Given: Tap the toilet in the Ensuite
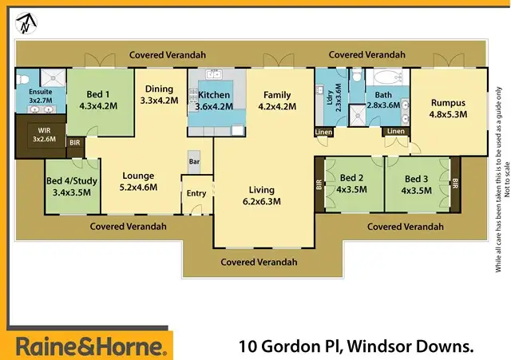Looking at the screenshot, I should click(25, 79).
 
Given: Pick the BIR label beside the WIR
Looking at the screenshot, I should click(75, 143).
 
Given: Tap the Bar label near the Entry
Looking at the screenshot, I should click(194, 161).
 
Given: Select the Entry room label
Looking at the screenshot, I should click(196, 193).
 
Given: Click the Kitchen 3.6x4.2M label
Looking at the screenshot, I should click(214, 101).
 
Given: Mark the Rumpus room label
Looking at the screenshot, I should click(448, 108).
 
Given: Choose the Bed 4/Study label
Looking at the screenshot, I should click(72, 186).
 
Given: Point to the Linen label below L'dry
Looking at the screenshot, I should click(323, 132).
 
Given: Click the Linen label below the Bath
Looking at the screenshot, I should click(395, 132).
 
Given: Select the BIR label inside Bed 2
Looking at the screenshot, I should click(319, 183).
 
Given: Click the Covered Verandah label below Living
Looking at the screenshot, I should click(259, 261).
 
